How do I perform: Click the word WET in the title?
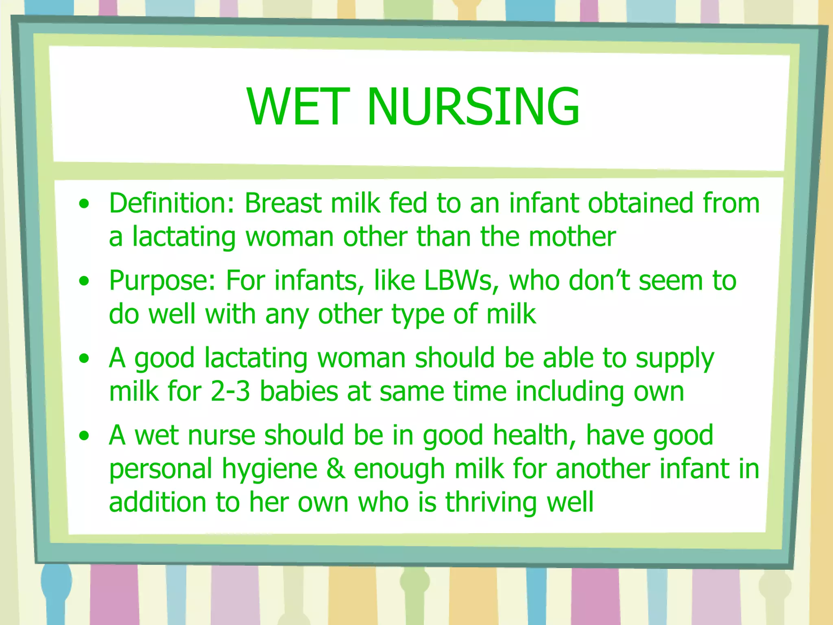click(298, 107)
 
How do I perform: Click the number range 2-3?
click(230, 391)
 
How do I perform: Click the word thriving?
click(492, 502)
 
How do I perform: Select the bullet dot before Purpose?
click(84, 281)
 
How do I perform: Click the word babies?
click(299, 391)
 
